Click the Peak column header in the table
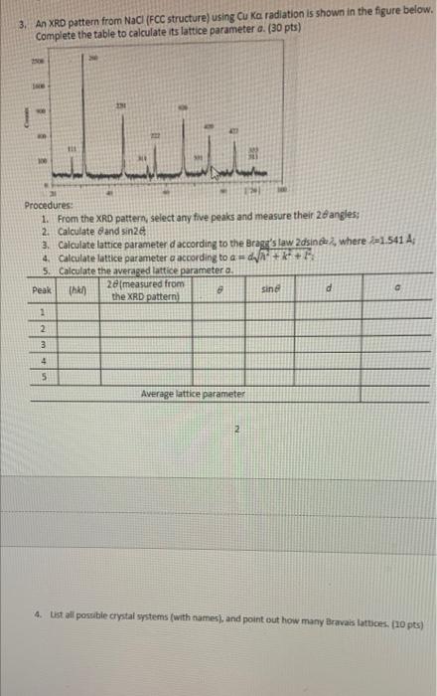click(41, 290)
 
